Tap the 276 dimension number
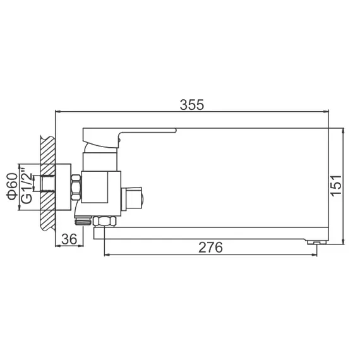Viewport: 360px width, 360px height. [210, 247]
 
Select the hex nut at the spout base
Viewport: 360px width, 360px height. [104, 221]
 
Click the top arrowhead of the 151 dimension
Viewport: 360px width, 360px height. [343, 133]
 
